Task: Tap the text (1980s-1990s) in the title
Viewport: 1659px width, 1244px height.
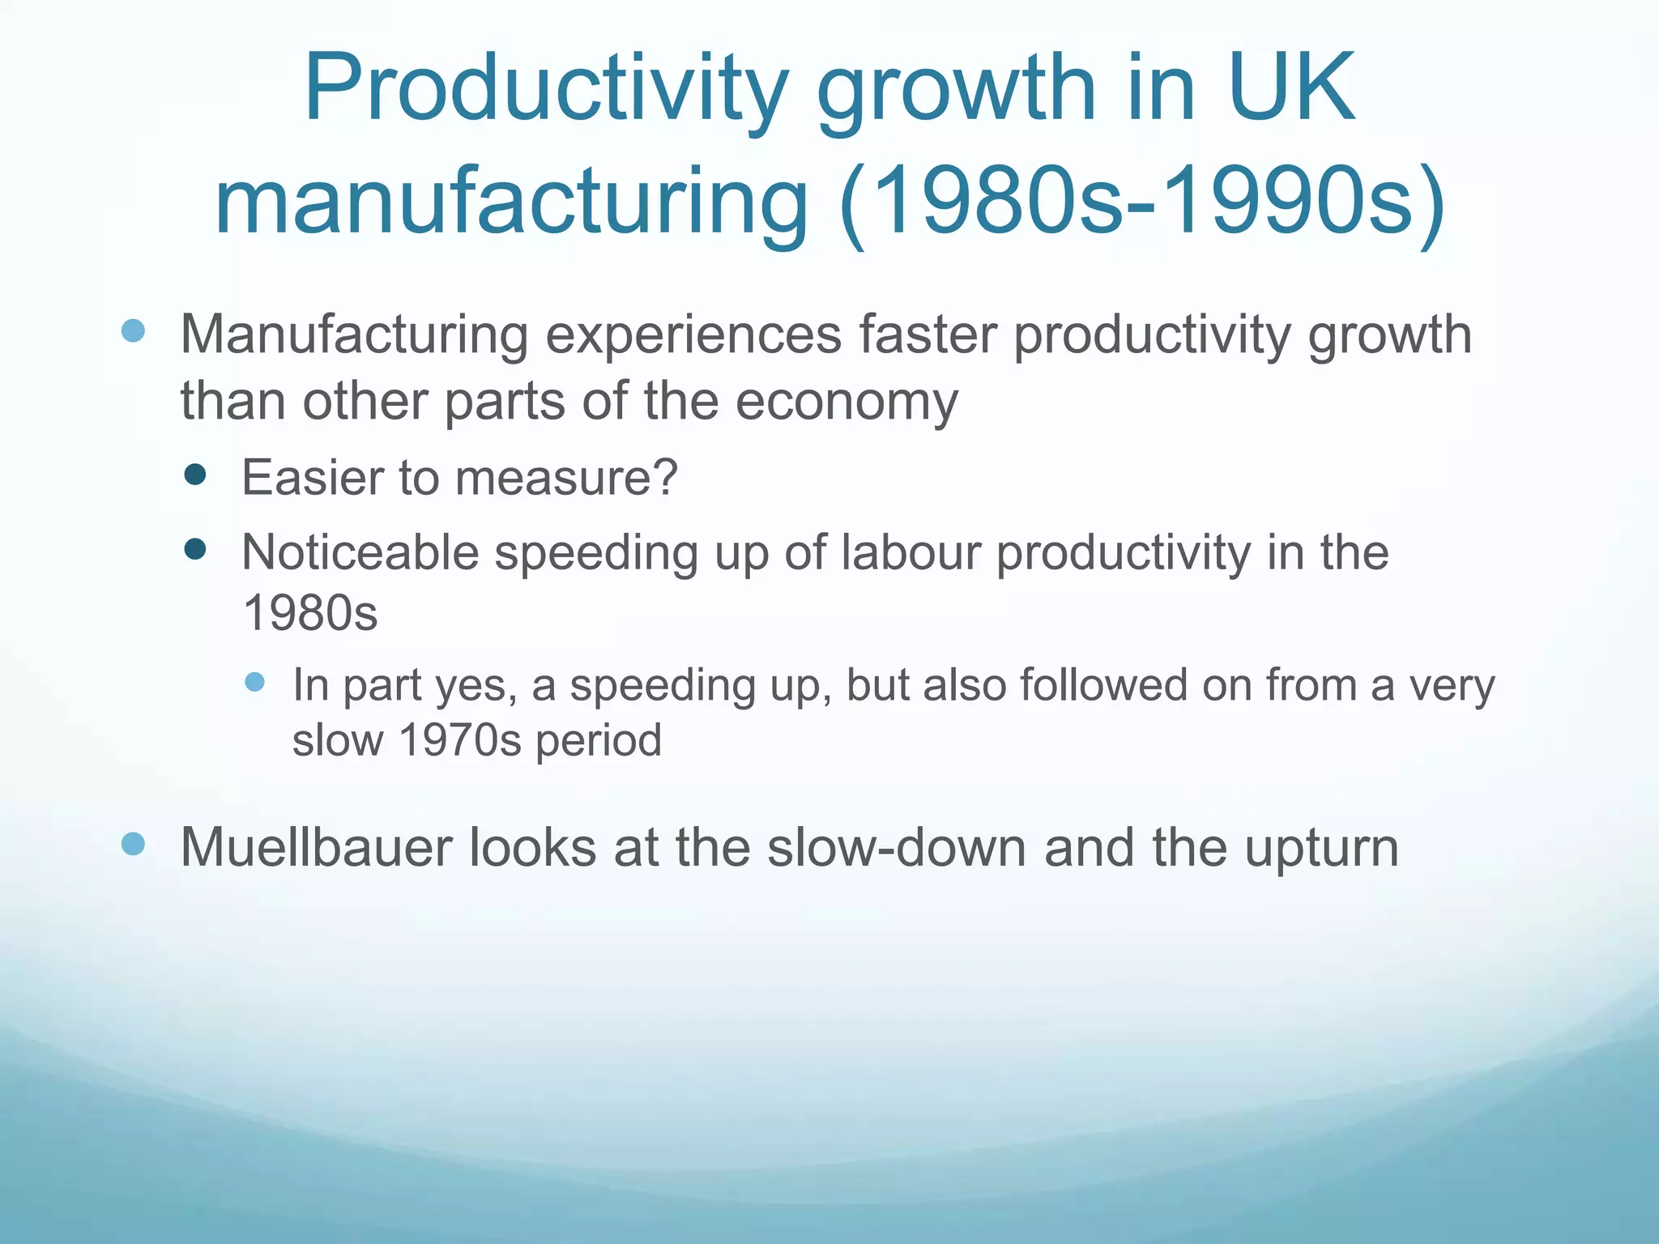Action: tap(1142, 201)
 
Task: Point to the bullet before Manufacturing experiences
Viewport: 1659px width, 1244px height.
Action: tap(133, 330)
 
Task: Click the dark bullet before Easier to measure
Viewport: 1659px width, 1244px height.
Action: tap(194, 474)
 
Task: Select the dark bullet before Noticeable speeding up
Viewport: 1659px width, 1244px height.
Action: tap(194, 550)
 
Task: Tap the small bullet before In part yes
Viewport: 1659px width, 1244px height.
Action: tap(254, 682)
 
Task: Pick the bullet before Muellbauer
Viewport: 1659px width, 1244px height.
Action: tap(133, 844)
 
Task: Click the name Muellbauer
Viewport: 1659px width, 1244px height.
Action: tap(316, 847)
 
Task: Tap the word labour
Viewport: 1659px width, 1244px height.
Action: tap(911, 553)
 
